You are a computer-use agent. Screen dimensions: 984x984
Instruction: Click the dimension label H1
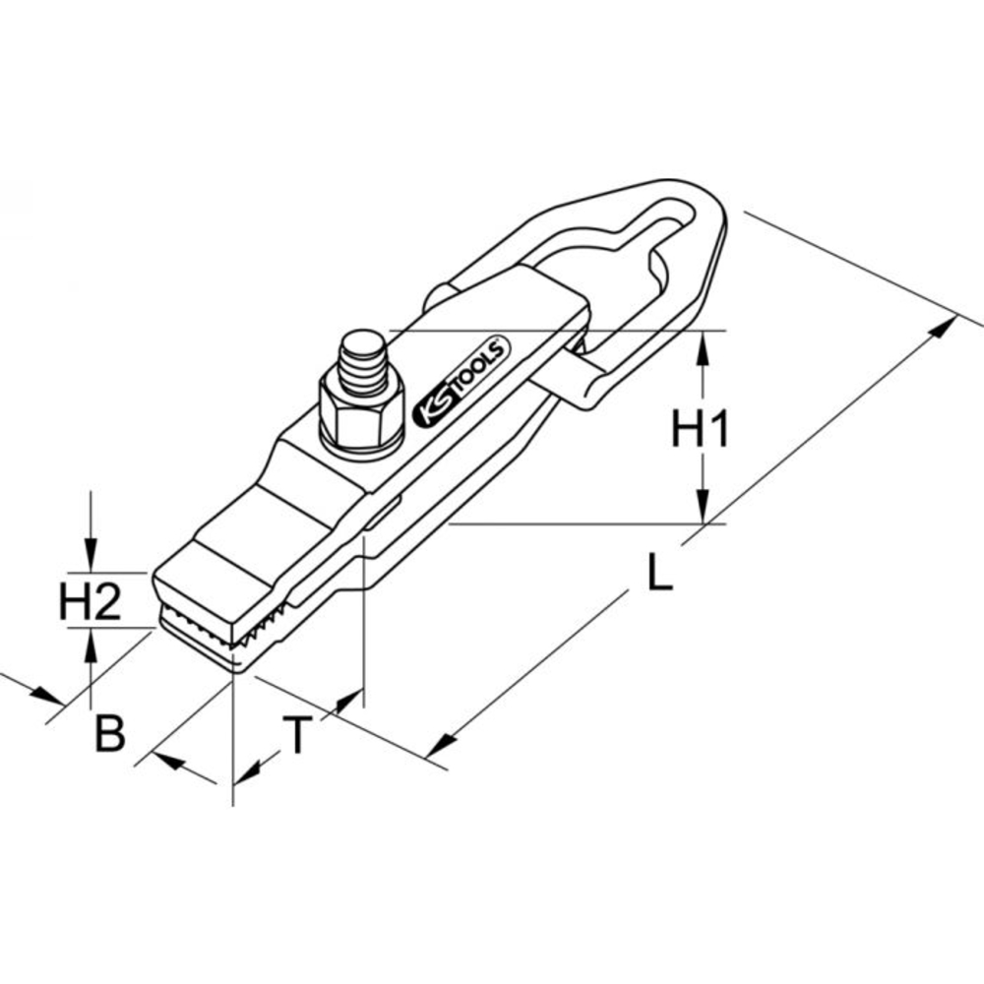700,430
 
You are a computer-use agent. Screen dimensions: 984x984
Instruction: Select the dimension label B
109,734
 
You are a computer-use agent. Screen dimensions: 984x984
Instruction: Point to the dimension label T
298,734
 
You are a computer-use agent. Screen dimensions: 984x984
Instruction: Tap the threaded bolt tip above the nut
362,360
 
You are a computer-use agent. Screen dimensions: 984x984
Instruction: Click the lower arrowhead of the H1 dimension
702,511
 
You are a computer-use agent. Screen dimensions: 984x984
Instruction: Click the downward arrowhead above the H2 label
91,558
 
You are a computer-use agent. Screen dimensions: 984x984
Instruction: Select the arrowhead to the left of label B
48,697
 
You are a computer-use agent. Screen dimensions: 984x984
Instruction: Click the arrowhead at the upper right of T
344,701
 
